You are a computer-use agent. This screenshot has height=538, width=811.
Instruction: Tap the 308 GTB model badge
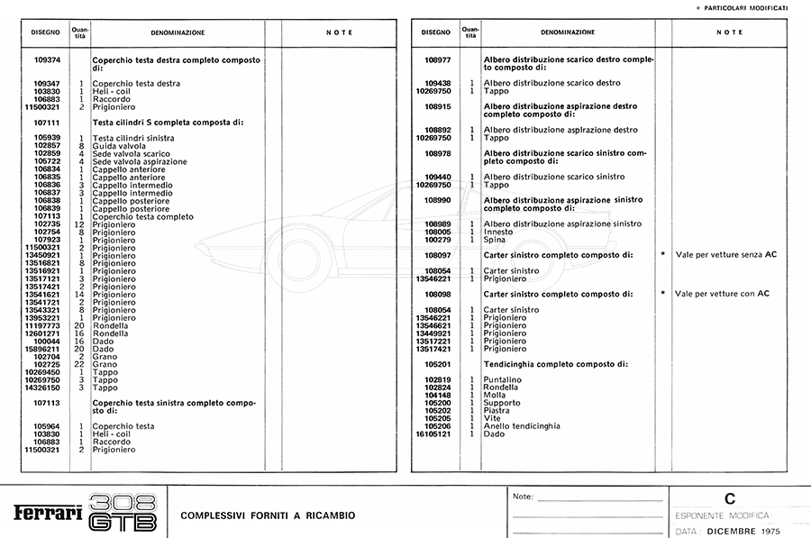(124, 512)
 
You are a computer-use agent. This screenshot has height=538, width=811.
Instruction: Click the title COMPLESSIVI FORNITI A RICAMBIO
(268, 515)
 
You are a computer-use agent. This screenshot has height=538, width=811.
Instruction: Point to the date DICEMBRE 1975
(743, 531)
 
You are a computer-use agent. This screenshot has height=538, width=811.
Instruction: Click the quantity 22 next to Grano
(79, 364)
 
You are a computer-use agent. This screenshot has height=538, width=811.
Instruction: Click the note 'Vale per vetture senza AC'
(725, 255)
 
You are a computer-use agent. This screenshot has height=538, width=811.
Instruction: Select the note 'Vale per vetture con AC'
(722, 294)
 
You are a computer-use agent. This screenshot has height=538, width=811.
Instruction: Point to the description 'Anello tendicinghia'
(522, 425)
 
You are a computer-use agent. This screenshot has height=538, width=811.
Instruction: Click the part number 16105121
(433, 433)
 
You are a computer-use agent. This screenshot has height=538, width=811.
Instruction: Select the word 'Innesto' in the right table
(498, 232)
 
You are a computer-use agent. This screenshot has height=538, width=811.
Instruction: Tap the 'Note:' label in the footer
(523, 497)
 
